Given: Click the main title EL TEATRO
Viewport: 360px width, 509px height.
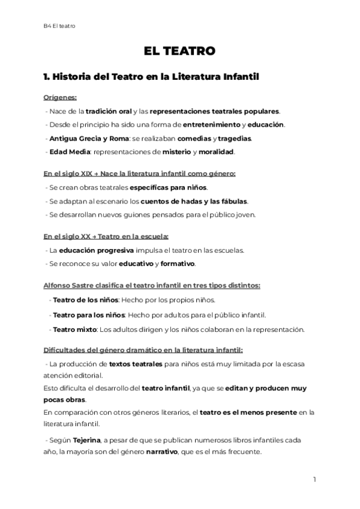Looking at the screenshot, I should tap(179, 52).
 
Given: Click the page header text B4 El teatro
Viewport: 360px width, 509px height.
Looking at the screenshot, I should tap(59, 25).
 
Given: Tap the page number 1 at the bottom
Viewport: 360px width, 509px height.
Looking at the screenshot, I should tap(314, 480).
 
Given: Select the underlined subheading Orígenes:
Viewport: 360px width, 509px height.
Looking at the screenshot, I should tap(60, 97).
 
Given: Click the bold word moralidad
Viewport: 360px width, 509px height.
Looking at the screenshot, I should tap(217, 152).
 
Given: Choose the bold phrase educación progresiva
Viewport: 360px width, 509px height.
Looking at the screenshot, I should tap(92, 250).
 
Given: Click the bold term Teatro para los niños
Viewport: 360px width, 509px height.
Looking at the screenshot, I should tap(89, 315).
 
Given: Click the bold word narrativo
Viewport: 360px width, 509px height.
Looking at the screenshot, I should tap(159, 452).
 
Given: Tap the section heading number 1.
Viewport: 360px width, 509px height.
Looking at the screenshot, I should tap(46, 77).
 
